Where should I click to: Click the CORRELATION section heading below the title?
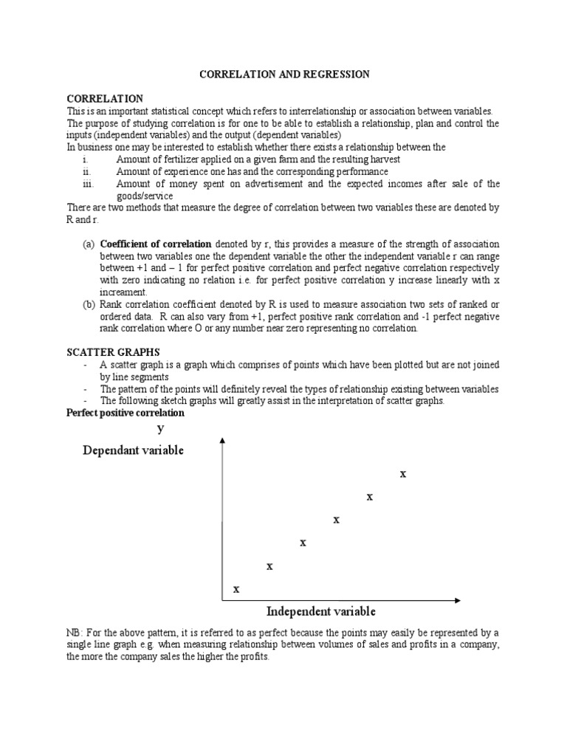pyautogui.click(x=105, y=98)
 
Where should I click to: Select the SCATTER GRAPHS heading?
pyautogui.click(x=112, y=352)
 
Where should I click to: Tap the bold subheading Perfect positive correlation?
pyautogui.click(x=126, y=413)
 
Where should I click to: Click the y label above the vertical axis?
pyautogui.click(x=160, y=428)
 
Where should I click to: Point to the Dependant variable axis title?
pyautogui.click(x=133, y=450)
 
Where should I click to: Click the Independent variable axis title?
pyautogui.click(x=321, y=611)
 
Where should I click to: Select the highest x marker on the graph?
pyautogui.click(x=403, y=474)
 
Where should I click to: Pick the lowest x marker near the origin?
pyautogui.click(x=236, y=589)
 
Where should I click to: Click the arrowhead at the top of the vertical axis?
pyautogui.click(x=222, y=440)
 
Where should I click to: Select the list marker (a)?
pyautogui.click(x=88, y=244)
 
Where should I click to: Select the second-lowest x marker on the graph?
pyautogui.click(x=269, y=566)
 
